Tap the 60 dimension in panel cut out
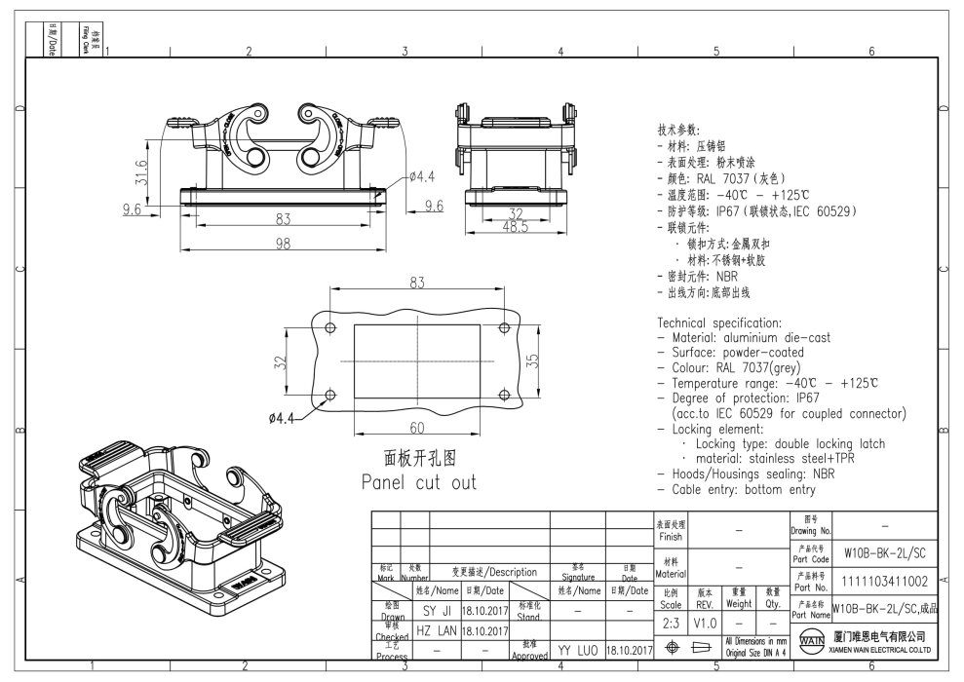click(416, 427)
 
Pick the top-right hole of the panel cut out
click(504, 327)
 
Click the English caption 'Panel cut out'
click(419, 482)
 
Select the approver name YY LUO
click(577, 648)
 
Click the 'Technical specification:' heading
click(720, 322)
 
